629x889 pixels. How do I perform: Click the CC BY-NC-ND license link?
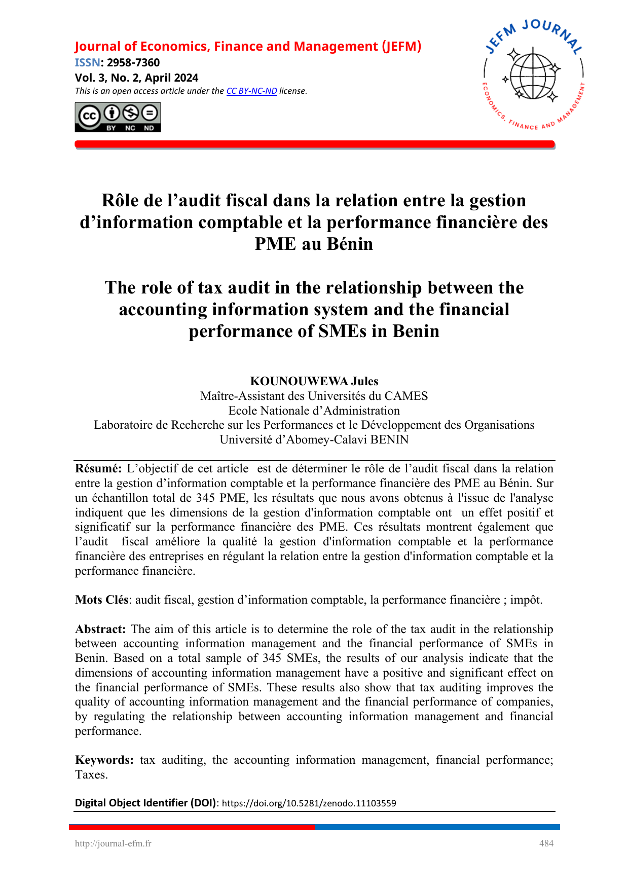pyautogui.click(x=251, y=91)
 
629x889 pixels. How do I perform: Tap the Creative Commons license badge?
pyautogui.click(x=118, y=117)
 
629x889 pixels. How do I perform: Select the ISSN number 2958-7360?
pyautogui.click(x=133, y=63)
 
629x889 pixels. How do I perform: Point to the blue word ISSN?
pyautogui.click(x=87, y=63)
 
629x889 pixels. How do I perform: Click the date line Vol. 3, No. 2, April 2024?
pyautogui.click(x=136, y=78)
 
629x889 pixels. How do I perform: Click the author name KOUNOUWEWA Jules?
pyautogui.click(x=314, y=381)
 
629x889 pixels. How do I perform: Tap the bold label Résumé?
pyautogui.click(x=98, y=468)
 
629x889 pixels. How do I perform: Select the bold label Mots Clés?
pyautogui.click(x=101, y=600)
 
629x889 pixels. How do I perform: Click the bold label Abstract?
pyautogui.click(x=100, y=629)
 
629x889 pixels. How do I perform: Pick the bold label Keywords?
pyautogui.click(x=104, y=760)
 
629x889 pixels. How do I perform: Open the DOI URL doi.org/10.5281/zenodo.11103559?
pyautogui.click(x=309, y=803)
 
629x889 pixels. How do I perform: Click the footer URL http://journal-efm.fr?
pyautogui.click(x=113, y=843)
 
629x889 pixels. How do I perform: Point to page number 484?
pyautogui.click(x=546, y=843)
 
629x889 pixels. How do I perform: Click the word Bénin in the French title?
pyautogui.click(x=350, y=244)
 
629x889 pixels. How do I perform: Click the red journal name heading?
pyautogui.click(x=248, y=47)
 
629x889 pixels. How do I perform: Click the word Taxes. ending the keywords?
pyautogui.click(x=91, y=775)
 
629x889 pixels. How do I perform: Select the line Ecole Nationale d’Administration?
pyautogui.click(x=314, y=411)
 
